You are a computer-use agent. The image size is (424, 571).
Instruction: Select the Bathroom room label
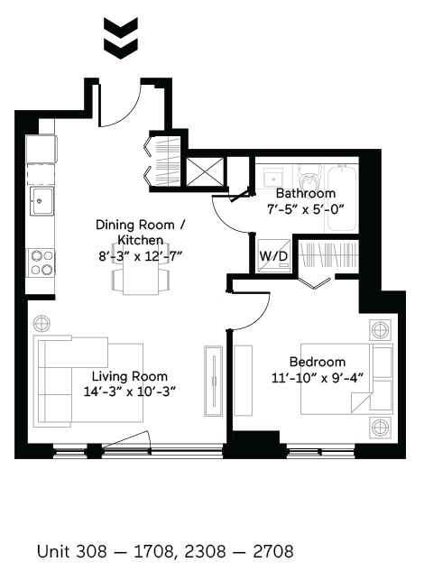click(x=305, y=193)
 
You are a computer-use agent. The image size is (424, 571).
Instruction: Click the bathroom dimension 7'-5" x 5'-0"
click(x=305, y=209)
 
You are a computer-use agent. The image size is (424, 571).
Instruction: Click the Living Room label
click(x=129, y=376)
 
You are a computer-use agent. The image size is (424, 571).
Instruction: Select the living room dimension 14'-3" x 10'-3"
click(x=129, y=391)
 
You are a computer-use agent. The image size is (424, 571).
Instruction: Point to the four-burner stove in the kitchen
click(x=41, y=262)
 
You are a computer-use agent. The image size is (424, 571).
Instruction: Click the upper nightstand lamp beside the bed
click(x=381, y=330)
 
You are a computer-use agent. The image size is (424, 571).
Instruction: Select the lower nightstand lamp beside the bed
click(x=381, y=426)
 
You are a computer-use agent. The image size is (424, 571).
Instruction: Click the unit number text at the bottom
click(x=165, y=550)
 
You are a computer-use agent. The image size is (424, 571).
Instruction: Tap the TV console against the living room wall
click(x=212, y=381)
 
